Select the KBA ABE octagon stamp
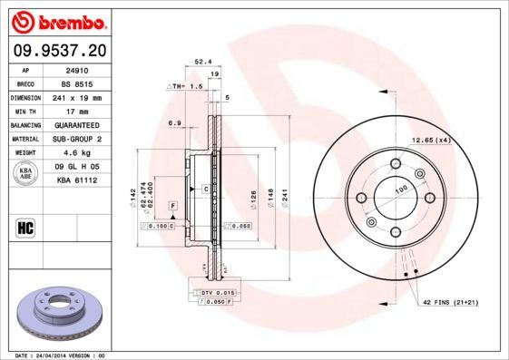(26, 174)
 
